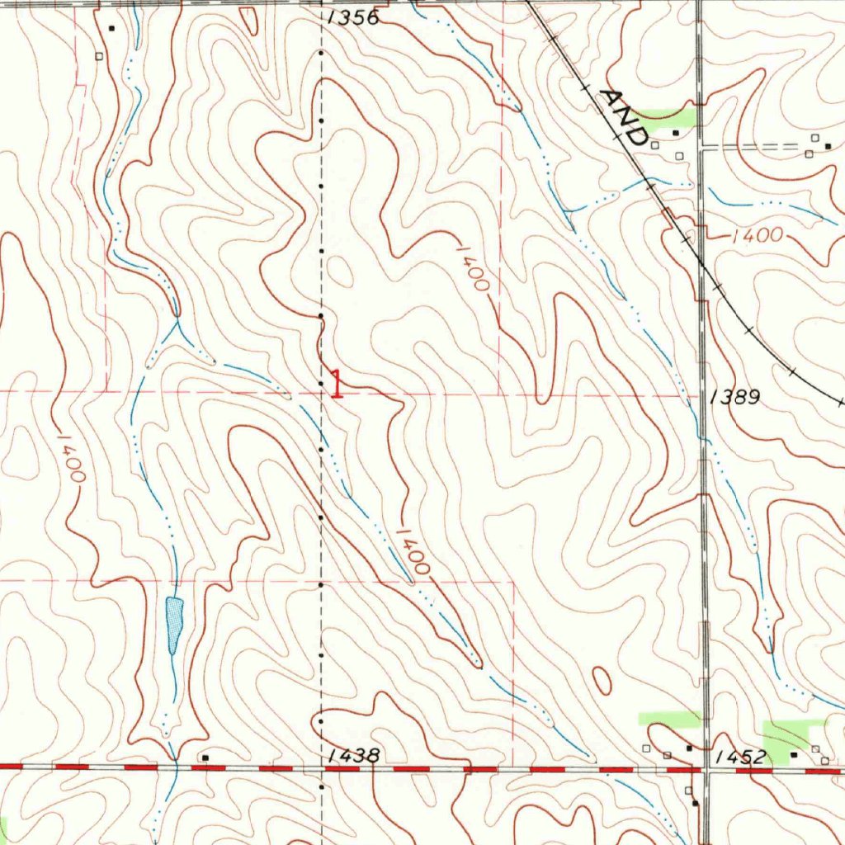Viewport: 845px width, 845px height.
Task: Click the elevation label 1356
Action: tap(352, 17)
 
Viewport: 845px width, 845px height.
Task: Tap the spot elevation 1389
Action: tap(734, 398)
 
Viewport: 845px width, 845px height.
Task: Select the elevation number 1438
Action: tap(352, 755)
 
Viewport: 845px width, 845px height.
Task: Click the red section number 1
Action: tap(337, 384)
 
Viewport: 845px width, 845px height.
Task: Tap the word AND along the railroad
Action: tap(625, 116)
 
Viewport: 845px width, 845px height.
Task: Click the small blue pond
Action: tap(173, 623)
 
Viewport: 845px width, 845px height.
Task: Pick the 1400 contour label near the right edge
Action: tap(756, 236)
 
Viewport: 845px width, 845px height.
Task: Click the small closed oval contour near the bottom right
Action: tap(602, 681)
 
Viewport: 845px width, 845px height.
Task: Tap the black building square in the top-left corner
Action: tap(111, 28)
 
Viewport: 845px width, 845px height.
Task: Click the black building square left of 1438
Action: tap(205, 757)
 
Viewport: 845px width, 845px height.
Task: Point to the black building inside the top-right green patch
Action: tap(676, 132)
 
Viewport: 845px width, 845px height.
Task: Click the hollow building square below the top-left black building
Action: tap(100, 57)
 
